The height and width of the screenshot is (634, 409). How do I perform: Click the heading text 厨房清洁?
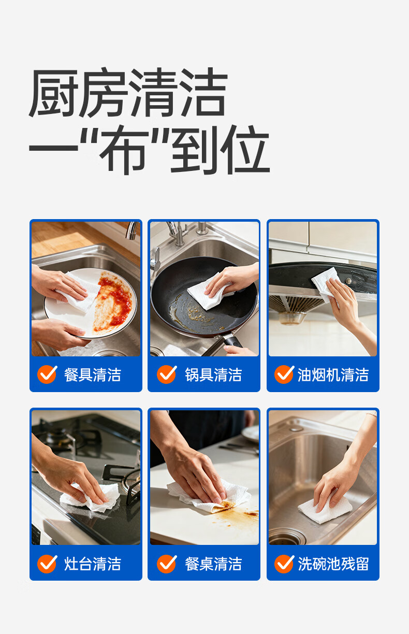[x=128, y=93]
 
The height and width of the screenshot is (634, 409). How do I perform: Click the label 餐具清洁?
[x=93, y=374]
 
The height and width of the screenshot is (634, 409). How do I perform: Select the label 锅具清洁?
[x=213, y=374]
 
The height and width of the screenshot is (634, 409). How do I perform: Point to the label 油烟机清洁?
[x=333, y=374]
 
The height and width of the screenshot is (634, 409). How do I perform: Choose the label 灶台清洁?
[x=93, y=564]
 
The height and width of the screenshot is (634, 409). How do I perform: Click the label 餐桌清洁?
[x=213, y=564]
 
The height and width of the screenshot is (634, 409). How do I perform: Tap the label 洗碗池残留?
[x=333, y=564]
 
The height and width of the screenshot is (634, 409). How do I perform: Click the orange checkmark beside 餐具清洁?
[x=47, y=374]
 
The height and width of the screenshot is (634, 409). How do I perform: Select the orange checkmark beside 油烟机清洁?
[x=284, y=374]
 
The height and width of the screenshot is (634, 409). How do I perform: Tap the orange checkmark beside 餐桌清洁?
[x=167, y=563]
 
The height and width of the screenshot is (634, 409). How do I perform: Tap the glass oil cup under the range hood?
[x=292, y=319]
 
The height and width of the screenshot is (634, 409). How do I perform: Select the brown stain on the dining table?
[x=237, y=513]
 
